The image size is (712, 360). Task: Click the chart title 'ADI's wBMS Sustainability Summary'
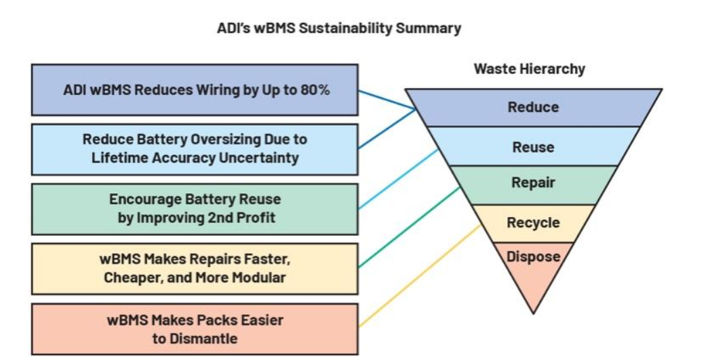(x=339, y=28)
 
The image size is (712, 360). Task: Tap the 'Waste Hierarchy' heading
(x=530, y=69)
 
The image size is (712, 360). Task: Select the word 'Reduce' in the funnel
(x=533, y=107)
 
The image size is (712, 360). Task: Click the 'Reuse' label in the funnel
(x=533, y=147)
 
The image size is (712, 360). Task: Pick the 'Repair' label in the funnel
(x=533, y=182)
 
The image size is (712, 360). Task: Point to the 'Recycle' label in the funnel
(x=533, y=222)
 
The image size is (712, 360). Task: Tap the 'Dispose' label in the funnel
(x=533, y=256)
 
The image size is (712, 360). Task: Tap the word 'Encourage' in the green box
(x=145, y=199)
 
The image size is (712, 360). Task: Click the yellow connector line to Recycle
(x=420, y=275)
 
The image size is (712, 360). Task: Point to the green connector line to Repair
(x=409, y=227)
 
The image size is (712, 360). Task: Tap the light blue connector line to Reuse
(x=399, y=178)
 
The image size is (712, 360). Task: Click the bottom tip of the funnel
(x=533, y=314)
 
